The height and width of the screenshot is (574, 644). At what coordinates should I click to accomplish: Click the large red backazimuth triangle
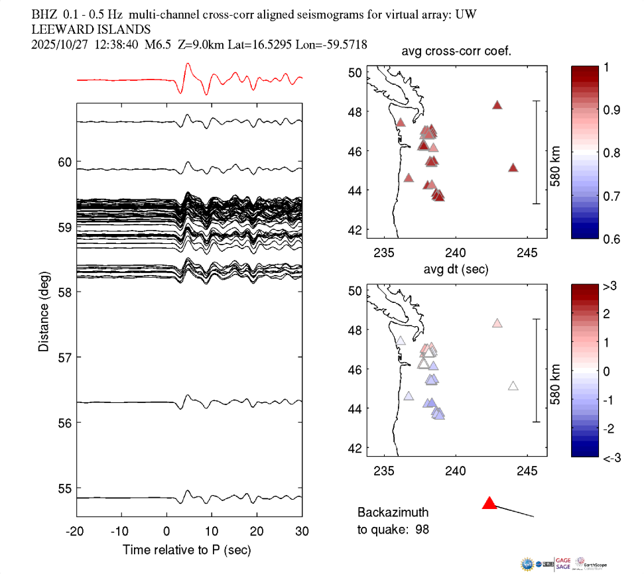pyautogui.click(x=489, y=503)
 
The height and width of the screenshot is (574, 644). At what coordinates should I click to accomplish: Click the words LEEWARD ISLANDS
pyautogui.click(x=91, y=29)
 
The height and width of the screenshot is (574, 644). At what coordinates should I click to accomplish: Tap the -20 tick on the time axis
pyautogui.click(x=76, y=532)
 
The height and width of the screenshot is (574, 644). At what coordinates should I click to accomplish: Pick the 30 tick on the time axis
pyautogui.click(x=302, y=532)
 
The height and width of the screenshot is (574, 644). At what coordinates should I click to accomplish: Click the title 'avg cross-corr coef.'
pyautogui.click(x=456, y=52)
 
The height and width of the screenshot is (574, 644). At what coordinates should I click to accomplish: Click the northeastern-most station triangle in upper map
pyautogui.click(x=497, y=105)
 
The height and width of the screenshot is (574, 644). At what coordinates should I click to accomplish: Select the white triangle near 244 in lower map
pyautogui.click(x=513, y=386)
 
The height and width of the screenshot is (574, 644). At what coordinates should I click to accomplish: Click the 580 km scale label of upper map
pyautogui.click(x=556, y=152)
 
